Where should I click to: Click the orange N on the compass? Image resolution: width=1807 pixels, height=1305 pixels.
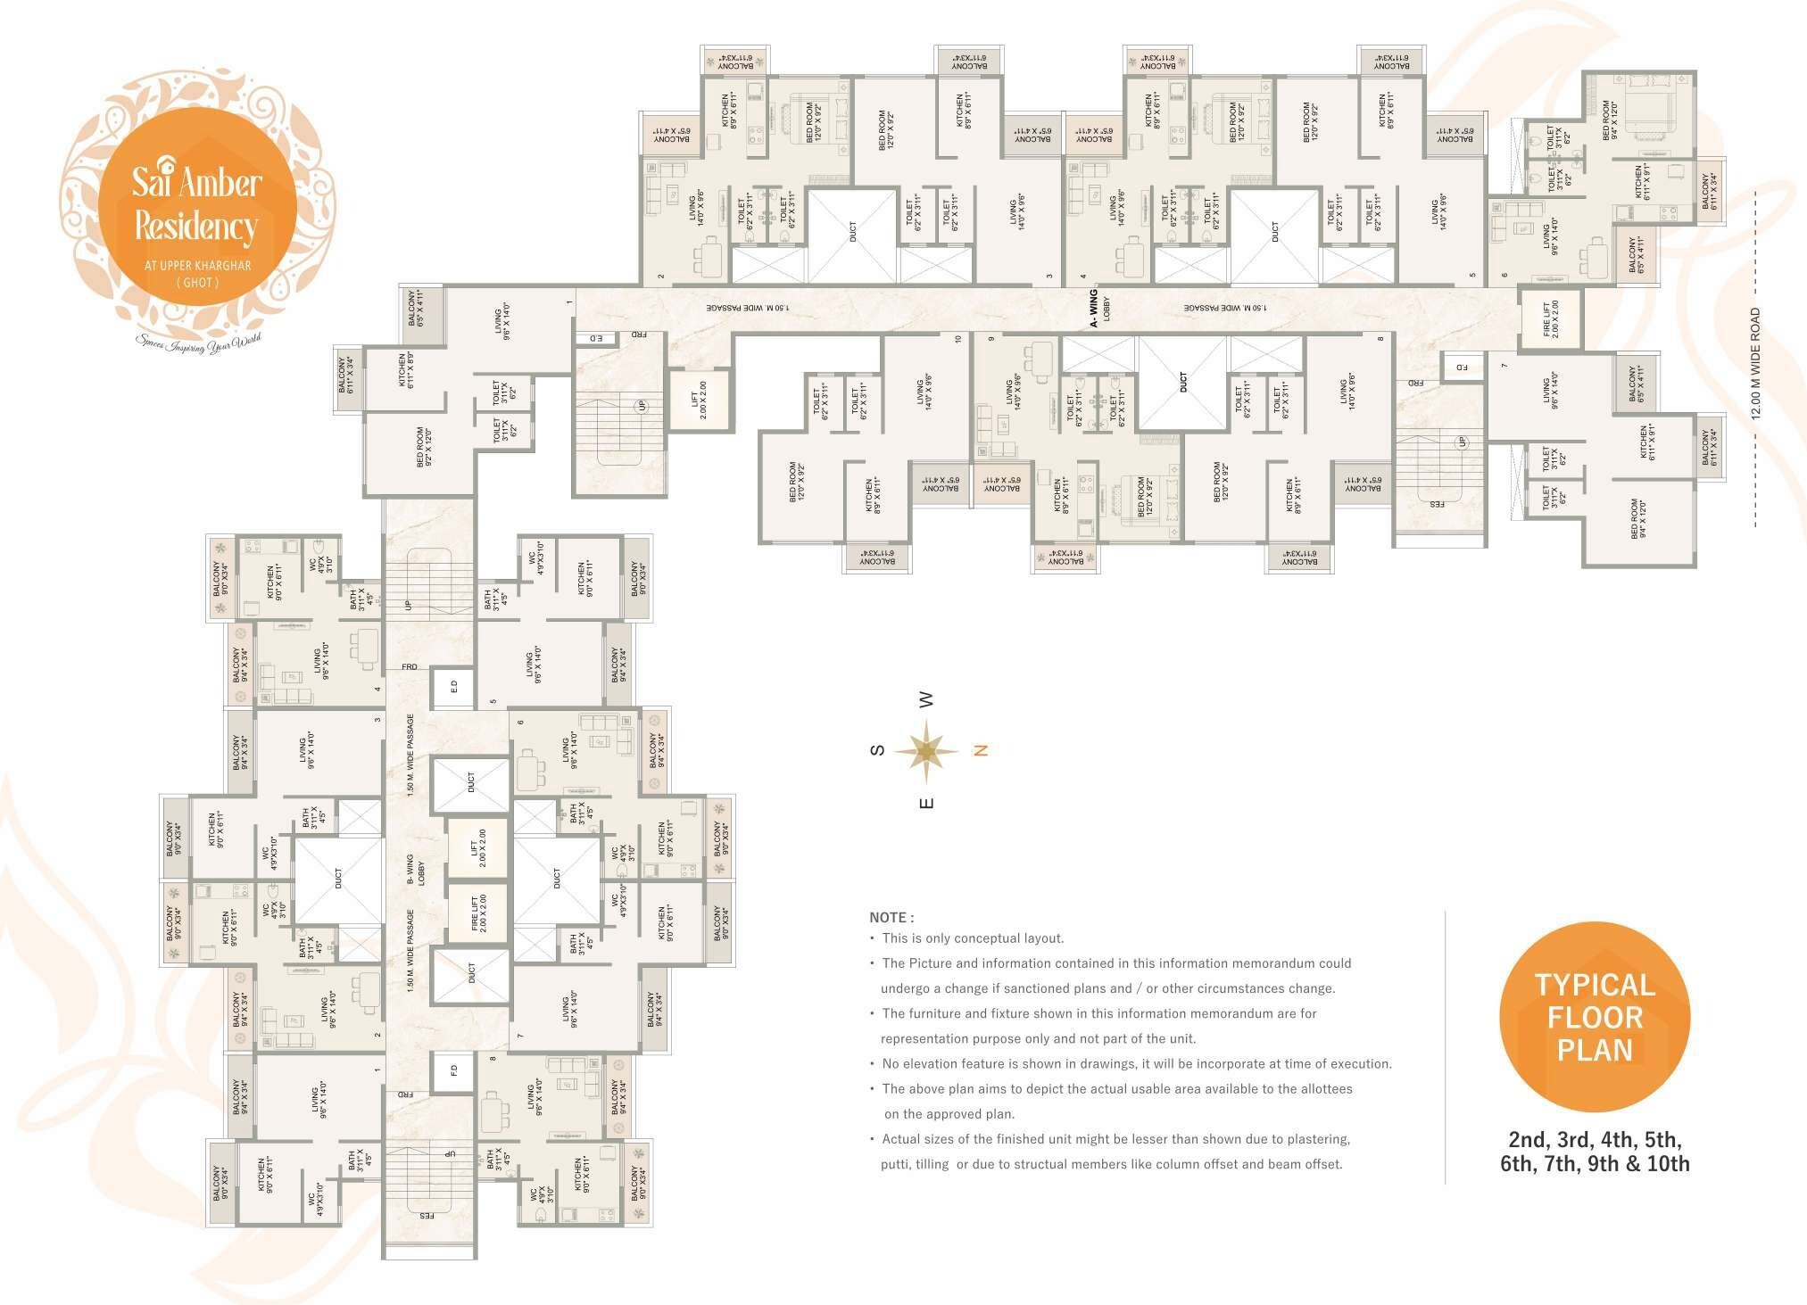(x=980, y=751)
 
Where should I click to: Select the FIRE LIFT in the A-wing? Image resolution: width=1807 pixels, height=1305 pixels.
(x=1551, y=318)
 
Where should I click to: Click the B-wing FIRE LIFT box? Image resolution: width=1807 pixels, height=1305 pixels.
(x=478, y=913)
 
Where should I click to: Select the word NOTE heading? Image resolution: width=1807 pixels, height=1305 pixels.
(x=891, y=917)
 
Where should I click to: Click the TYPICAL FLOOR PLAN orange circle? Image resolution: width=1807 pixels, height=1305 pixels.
(x=1595, y=1018)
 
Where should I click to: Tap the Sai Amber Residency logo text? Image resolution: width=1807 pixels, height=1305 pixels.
(x=196, y=205)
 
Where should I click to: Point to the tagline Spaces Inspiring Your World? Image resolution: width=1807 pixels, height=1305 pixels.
(x=198, y=342)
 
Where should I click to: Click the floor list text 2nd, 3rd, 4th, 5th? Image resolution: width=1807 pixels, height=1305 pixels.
(x=1595, y=1139)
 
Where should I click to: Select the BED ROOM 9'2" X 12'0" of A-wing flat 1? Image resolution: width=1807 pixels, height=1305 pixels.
(x=425, y=446)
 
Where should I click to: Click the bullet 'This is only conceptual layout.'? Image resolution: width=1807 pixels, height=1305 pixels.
(x=972, y=938)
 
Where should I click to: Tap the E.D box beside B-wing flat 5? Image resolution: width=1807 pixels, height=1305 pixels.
(x=453, y=687)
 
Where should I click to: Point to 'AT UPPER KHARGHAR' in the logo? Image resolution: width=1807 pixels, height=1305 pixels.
(x=197, y=265)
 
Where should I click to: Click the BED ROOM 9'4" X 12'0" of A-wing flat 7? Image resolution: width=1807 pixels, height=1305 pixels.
(x=1638, y=518)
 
